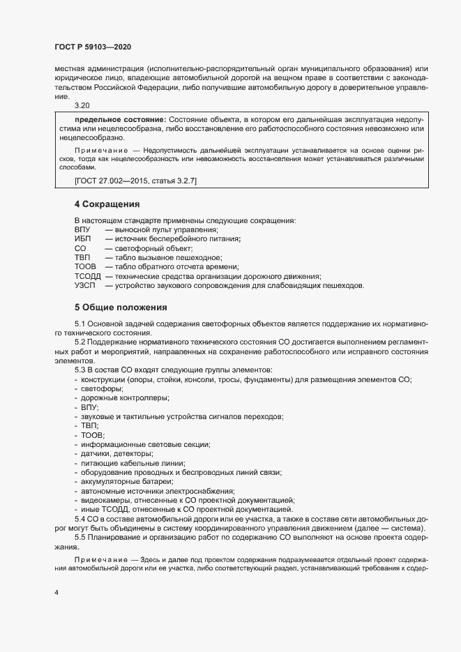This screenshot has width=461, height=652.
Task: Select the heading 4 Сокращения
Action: pyautogui.click(x=107, y=205)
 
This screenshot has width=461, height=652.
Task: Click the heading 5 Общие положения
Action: pyautogui.click(x=121, y=307)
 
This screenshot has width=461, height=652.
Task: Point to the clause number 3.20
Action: pyautogui.click(x=82, y=105)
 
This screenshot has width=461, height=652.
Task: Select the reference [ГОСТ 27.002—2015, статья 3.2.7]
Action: pyautogui.click(x=135, y=181)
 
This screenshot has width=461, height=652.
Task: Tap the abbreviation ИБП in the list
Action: pyautogui.click(x=83, y=239)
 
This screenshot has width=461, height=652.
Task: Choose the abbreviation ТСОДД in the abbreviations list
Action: pyautogui.click(x=87, y=276)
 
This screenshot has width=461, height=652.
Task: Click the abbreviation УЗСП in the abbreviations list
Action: pyautogui.click(x=84, y=286)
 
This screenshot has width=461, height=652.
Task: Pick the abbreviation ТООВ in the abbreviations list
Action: pyautogui.click(x=85, y=267)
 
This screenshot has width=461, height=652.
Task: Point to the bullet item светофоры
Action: pyautogui.click(x=102, y=388)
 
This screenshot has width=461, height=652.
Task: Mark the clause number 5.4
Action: pyautogui.click(x=80, y=520)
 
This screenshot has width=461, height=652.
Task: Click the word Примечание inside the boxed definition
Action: pyautogui.click(x=98, y=150)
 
